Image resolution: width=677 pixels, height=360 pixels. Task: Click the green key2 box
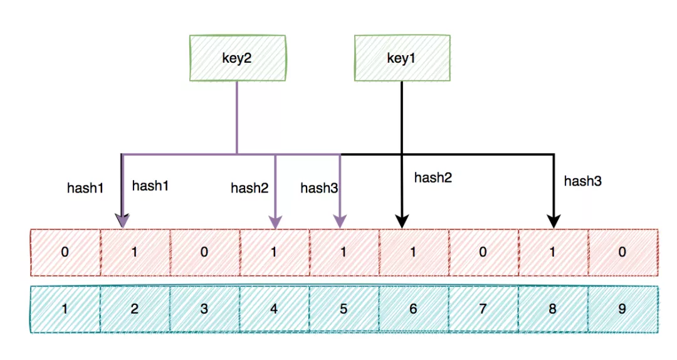click(x=237, y=58)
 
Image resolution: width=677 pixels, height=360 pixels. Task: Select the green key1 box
click(x=402, y=58)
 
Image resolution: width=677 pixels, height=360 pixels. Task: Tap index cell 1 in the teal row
click(x=65, y=309)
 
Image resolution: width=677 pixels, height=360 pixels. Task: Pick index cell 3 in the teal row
click(x=204, y=309)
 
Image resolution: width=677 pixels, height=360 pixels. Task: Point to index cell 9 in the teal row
click(x=622, y=309)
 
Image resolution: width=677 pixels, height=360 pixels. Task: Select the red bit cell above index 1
click(x=65, y=252)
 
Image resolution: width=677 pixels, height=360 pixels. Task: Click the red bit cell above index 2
click(x=135, y=252)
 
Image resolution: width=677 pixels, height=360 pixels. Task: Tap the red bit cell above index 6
click(x=414, y=252)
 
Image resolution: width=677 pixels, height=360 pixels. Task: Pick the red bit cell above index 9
click(x=622, y=252)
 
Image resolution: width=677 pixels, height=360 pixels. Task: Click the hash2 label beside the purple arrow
click(x=249, y=188)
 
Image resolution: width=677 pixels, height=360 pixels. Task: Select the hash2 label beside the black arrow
click(x=433, y=177)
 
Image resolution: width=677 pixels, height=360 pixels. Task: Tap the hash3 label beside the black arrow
click(x=583, y=181)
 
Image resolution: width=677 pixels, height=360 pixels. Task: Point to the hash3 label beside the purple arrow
click(x=319, y=188)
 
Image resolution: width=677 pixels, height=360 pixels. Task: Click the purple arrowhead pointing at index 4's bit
click(x=275, y=221)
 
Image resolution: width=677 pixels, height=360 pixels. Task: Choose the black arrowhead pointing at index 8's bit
click(x=554, y=221)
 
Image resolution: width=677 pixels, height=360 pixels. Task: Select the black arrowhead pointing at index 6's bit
click(x=402, y=221)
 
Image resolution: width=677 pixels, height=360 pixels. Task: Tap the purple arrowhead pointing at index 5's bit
click(x=340, y=221)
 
